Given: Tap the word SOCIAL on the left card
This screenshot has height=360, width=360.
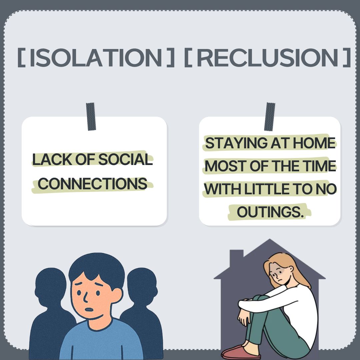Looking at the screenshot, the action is point(125,159).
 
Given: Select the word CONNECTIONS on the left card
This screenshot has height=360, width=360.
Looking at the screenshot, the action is point(92,184).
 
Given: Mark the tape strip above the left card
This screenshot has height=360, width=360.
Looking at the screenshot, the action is point(91,117).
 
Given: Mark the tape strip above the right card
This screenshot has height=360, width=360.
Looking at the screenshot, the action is point(270,117).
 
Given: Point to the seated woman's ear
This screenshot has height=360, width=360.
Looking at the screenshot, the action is point(291,269).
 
